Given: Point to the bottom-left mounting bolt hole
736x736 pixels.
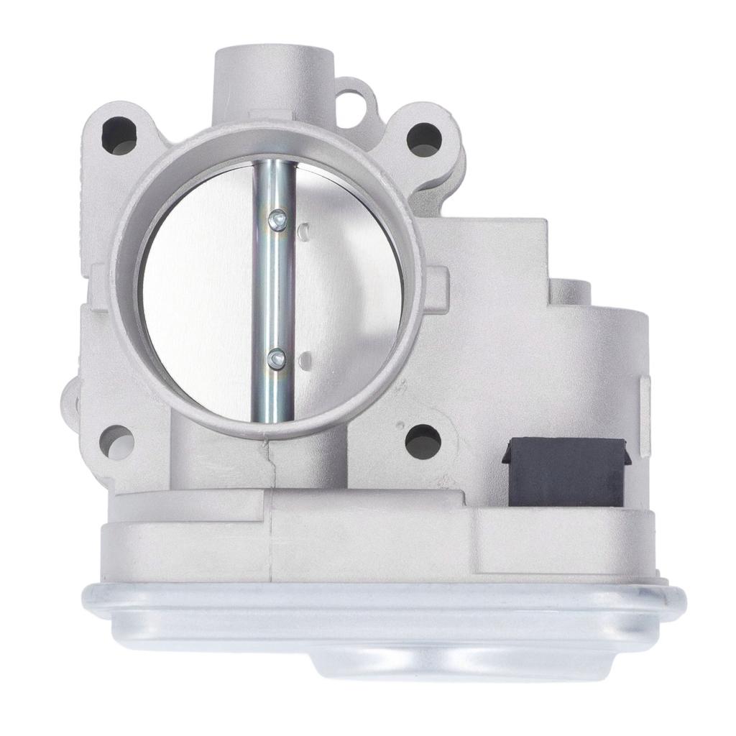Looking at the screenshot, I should point(116,441).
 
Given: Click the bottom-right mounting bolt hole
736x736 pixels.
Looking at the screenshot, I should point(422,440).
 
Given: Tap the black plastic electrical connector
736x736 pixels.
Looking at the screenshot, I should point(565,472).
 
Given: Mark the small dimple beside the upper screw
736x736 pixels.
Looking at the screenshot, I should point(305,229).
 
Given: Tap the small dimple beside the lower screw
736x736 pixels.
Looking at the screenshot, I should point(305,357).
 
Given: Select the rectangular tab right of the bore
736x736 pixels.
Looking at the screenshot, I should point(438,287).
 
